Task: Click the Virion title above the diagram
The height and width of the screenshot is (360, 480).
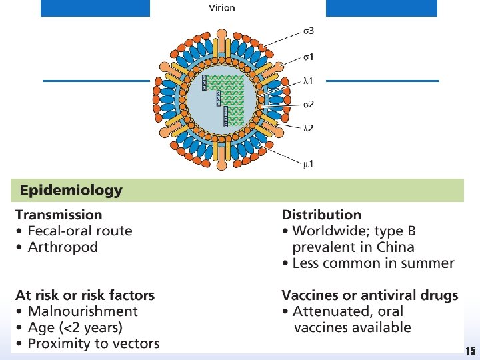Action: coord(222,8)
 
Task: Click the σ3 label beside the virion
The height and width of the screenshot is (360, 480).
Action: coord(308,31)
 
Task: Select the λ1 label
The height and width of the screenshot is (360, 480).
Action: coord(308,81)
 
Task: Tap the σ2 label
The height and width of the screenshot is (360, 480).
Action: coord(309,104)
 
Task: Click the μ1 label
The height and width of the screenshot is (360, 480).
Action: coord(308,162)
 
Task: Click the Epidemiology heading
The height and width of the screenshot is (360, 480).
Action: coord(71,190)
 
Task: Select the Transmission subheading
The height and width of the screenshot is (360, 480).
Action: coord(59,215)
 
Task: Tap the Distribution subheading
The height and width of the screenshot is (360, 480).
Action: coord(321,215)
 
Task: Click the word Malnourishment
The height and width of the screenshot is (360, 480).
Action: coord(83,311)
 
